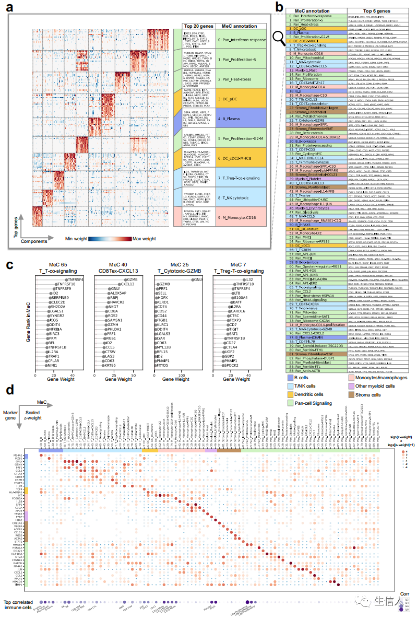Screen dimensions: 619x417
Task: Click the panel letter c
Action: click(10, 264)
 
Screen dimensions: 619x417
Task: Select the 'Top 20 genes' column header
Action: click(194, 26)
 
